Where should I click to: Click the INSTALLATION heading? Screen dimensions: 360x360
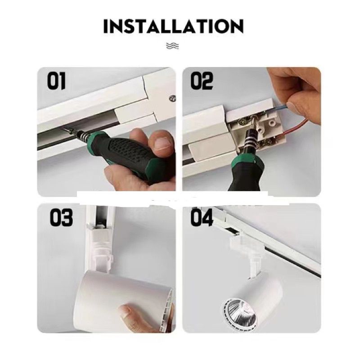pos(173,27)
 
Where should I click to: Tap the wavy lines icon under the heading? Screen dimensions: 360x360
pos(172,46)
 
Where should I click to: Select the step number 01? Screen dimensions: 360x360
pos(57,81)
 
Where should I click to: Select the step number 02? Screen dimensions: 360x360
pos(202,81)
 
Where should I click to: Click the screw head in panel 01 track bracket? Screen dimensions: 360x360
pos(172,99)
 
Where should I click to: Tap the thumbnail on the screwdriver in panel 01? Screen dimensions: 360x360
pos(162,144)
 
